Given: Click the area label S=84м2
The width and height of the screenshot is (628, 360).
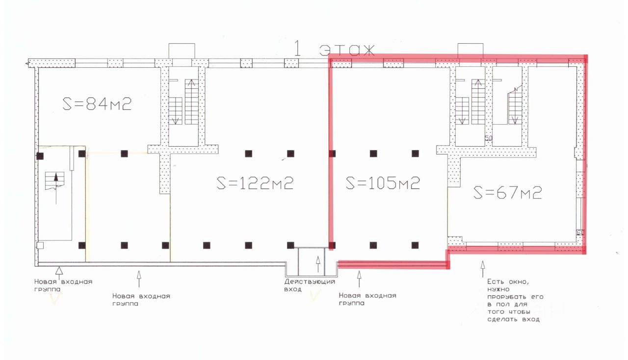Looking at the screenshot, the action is pyautogui.click(x=97, y=104).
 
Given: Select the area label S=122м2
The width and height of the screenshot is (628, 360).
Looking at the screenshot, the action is pyautogui.click(x=255, y=183).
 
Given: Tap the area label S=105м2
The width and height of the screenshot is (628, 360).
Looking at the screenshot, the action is pyautogui.click(x=383, y=183).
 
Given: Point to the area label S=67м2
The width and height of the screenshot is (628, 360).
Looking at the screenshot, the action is pyautogui.click(x=508, y=193).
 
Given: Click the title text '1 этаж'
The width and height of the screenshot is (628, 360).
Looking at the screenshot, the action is pyautogui.click(x=334, y=49).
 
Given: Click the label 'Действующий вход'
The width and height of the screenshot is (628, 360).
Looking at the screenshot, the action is pyautogui.click(x=310, y=285).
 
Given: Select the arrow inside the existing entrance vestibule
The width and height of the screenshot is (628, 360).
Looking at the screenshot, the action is pyautogui.click(x=318, y=265).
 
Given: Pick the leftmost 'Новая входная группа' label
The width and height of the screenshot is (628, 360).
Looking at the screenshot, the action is pyautogui.click(x=63, y=285).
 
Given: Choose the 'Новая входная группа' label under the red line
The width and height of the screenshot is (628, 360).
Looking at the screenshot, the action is pyautogui.click(x=367, y=299).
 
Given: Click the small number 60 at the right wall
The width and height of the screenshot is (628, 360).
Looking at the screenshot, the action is pyautogui.click(x=580, y=233).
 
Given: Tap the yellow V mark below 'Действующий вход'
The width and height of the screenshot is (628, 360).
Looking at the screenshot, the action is pyautogui.click(x=316, y=296).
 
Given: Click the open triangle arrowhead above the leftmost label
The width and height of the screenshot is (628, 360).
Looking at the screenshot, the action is pyautogui.click(x=59, y=269).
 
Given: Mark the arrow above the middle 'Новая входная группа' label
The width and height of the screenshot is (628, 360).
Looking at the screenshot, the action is pyautogui.click(x=139, y=278).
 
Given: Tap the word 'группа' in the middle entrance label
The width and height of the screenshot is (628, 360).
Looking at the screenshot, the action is pyautogui.click(x=125, y=304).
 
